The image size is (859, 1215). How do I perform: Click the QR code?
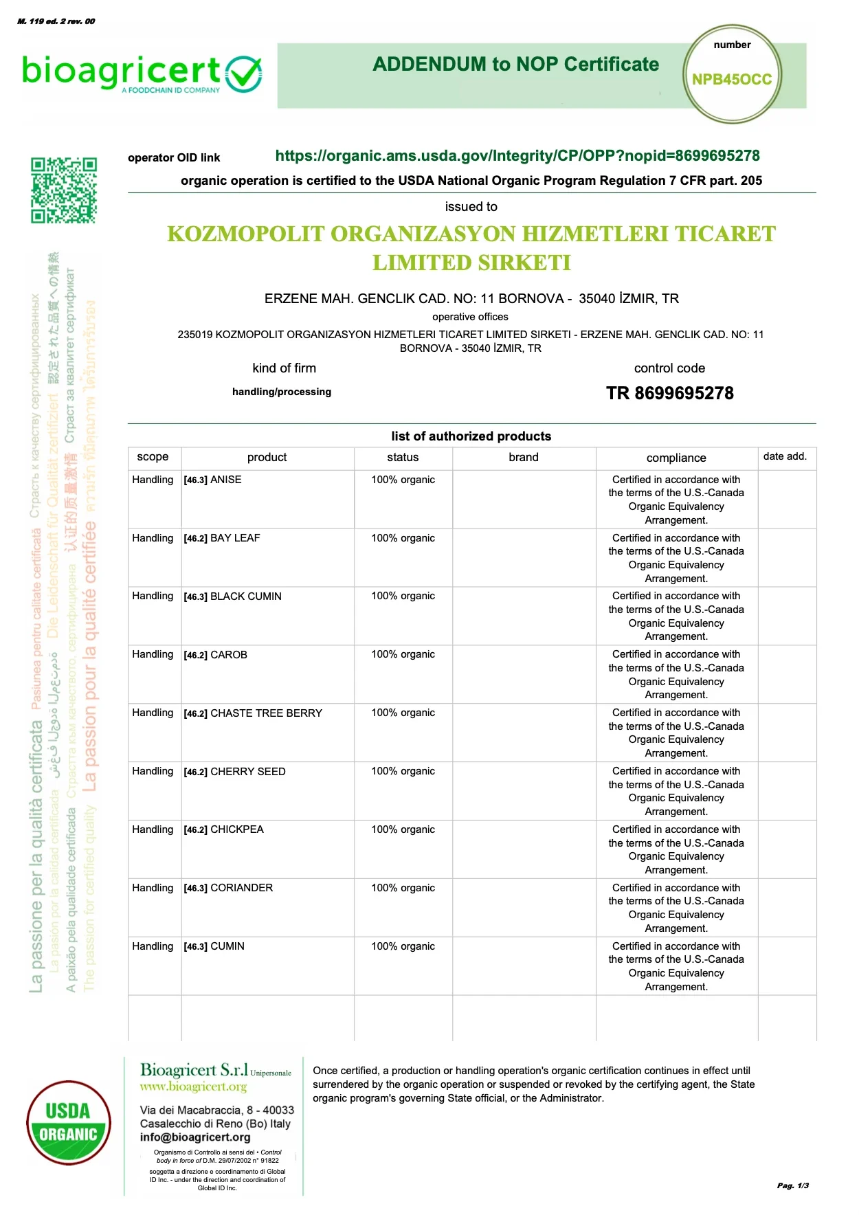(63, 190)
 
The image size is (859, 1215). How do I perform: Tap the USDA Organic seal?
(68, 1122)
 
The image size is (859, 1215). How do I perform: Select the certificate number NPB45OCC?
(732, 80)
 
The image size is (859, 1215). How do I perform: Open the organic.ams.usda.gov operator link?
(517, 156)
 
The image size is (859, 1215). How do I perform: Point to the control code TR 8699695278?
(669, 394)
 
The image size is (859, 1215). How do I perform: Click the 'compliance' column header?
(676, 458)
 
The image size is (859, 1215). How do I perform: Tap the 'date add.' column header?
(785, 457)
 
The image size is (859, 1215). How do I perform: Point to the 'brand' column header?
(524, 458)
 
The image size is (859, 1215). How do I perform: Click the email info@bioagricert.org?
(195, 1137)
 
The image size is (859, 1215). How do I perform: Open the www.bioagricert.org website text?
(193, 1086)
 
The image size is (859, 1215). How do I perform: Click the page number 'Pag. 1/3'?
(792, 1185)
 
